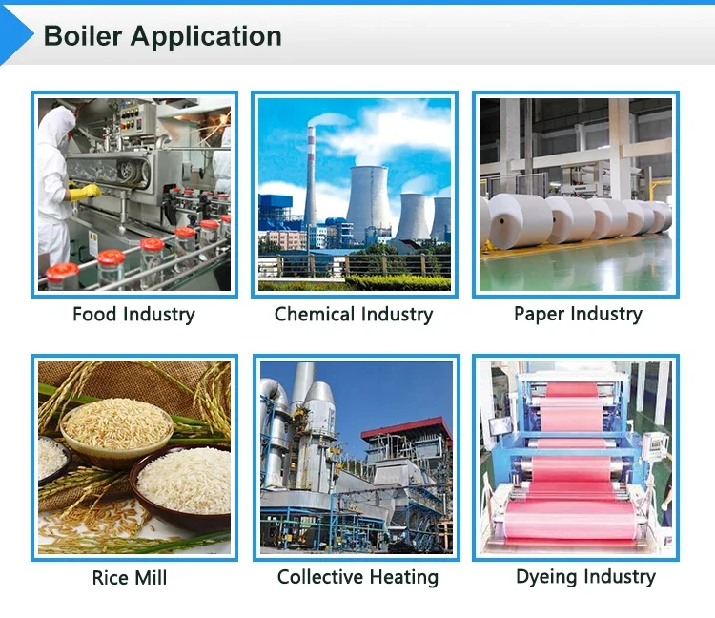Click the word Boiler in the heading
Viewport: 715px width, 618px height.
[83, 36]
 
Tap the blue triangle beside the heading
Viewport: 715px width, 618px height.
[15, 34]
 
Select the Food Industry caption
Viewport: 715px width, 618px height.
[133, 314]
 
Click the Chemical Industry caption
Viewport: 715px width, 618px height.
[354, 314]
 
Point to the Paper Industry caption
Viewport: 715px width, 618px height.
[578, 314]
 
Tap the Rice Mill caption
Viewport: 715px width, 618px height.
[130, 577]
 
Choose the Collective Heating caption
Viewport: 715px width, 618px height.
[357, 577]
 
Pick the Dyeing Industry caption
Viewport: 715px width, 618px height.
[585, 577]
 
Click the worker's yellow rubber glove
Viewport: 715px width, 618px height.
[85, 192]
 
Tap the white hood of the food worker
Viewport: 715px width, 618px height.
[58, 126]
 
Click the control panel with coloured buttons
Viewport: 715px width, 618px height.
[132, 118]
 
